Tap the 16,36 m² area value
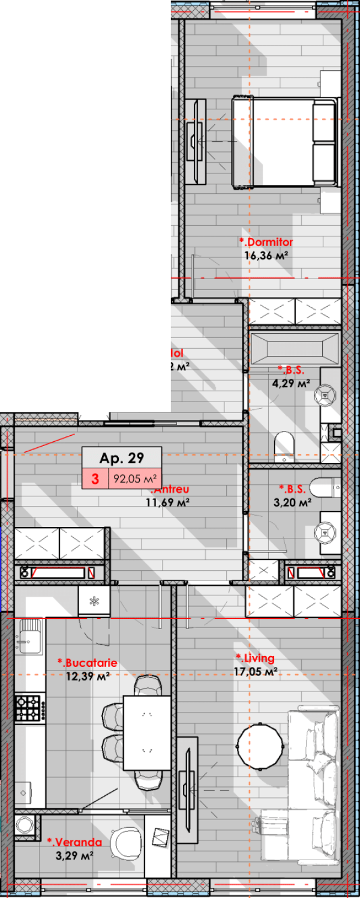[x=266, y=255]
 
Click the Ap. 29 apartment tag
[x=122, y=458]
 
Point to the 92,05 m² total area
[x=135, y=479]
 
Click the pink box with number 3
[x=95, y=479]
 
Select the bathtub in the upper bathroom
[x=294, y=348]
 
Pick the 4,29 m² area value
[x=294, y=382]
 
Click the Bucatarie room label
[x=87, y=664]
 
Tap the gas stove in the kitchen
[x=28, y=708]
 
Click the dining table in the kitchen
[x=147, y=733]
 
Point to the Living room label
[x=256, y=658]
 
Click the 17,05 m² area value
[x=257, y=672]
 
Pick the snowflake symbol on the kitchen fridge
[x=94, y=601]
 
